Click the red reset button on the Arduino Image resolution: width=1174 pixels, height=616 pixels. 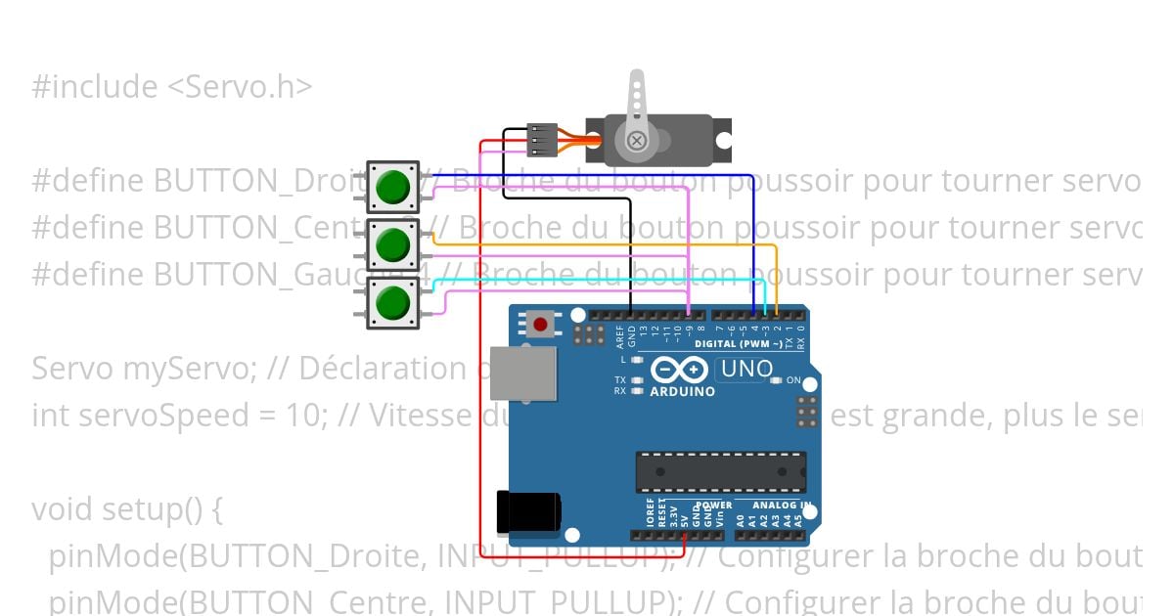click(x=539, y=324)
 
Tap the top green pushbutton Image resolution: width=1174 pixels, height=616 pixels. click(x=393, y=187)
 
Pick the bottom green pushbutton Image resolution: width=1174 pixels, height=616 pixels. click(x=393, y=302)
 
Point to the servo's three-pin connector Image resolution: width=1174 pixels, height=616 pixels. click(x=542, y=140)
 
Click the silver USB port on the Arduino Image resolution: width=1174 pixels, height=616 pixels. click(x=523, y=373)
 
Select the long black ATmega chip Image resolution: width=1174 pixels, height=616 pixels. click(x=721, y=471)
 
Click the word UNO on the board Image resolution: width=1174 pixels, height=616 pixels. click(x=745, y=370)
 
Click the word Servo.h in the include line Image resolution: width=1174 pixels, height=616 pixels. click(x=240, y=87)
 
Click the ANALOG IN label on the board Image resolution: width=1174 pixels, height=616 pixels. click(x=780, y=506)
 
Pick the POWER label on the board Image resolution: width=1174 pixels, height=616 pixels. click(x=714, y=506)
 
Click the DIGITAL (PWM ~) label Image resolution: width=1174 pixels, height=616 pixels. click(x=738, y=344)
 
